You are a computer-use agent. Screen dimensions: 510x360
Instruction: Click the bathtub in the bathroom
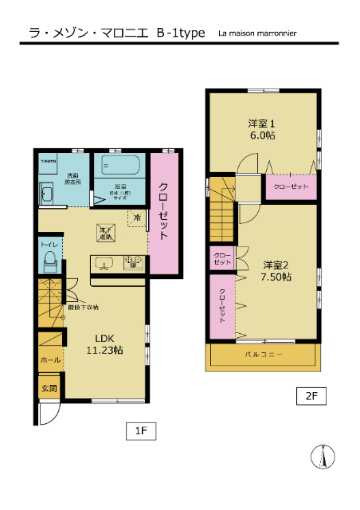[x=120, y=167]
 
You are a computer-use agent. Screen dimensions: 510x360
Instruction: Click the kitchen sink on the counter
[x=107, y=262]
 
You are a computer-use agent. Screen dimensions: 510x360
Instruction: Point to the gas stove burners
[x=133, y=262]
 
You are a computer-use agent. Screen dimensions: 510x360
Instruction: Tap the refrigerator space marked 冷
[x=137, y=217]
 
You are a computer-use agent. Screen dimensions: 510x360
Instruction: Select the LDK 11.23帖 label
[x=104, y=343]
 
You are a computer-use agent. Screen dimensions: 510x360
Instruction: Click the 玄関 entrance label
[x=49, y=388]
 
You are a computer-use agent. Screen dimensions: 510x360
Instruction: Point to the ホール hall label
[x=49, y=360]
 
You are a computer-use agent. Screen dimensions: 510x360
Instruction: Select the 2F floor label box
[x=310, y=395]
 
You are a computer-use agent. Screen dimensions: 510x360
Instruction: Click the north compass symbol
[x=323, y=458]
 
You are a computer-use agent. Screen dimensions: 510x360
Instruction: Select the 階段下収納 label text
[x=83, y=307]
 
